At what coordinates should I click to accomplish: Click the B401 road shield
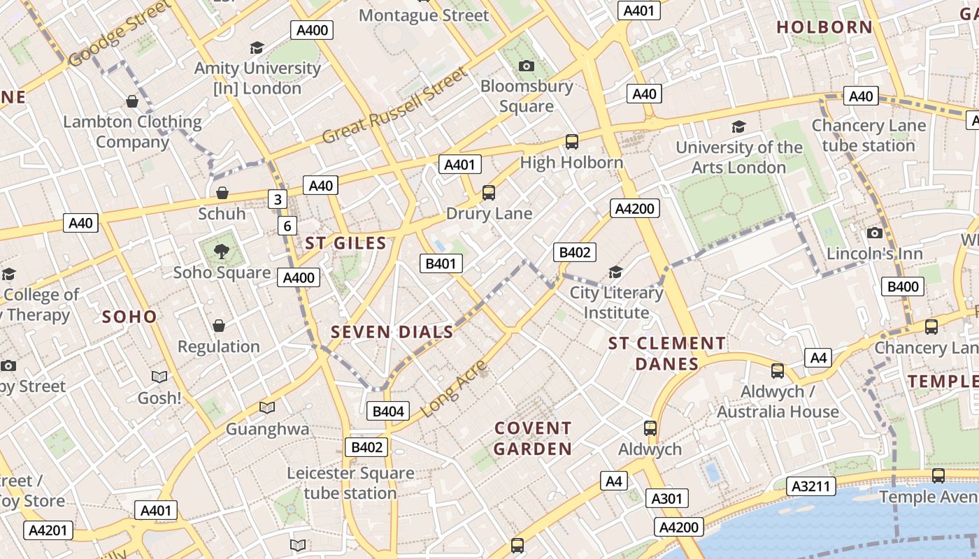click(x=441, y=263)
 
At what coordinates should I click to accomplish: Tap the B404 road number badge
click(x=388, y=412)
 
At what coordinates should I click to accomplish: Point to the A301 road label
click(x=665, y=498)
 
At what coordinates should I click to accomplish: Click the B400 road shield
click(x=903, y=286)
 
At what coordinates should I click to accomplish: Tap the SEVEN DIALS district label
click(x=392, y=332)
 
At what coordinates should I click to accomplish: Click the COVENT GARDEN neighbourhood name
click(x=533, y=438)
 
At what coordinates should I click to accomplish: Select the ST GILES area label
click(x=345, y=243)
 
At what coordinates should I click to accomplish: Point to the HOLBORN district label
click(x=824, y=27)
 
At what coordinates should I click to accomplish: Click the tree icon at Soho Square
click(x=222, y=251)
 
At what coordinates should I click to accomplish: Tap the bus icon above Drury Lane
click(x=489, y=192)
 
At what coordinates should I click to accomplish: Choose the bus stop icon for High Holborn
click(x=571, y=142)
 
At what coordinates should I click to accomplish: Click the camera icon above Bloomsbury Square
click(x=527, y=66)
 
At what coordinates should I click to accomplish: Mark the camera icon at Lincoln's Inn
click(x=874, y=233)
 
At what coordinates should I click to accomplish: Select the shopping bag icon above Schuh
click(x=222, y=192)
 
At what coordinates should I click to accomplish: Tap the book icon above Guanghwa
click(x=266, y=407)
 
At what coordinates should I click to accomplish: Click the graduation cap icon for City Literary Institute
click(x=615, y=272)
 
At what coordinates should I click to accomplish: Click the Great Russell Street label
click(x=394, y=106)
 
